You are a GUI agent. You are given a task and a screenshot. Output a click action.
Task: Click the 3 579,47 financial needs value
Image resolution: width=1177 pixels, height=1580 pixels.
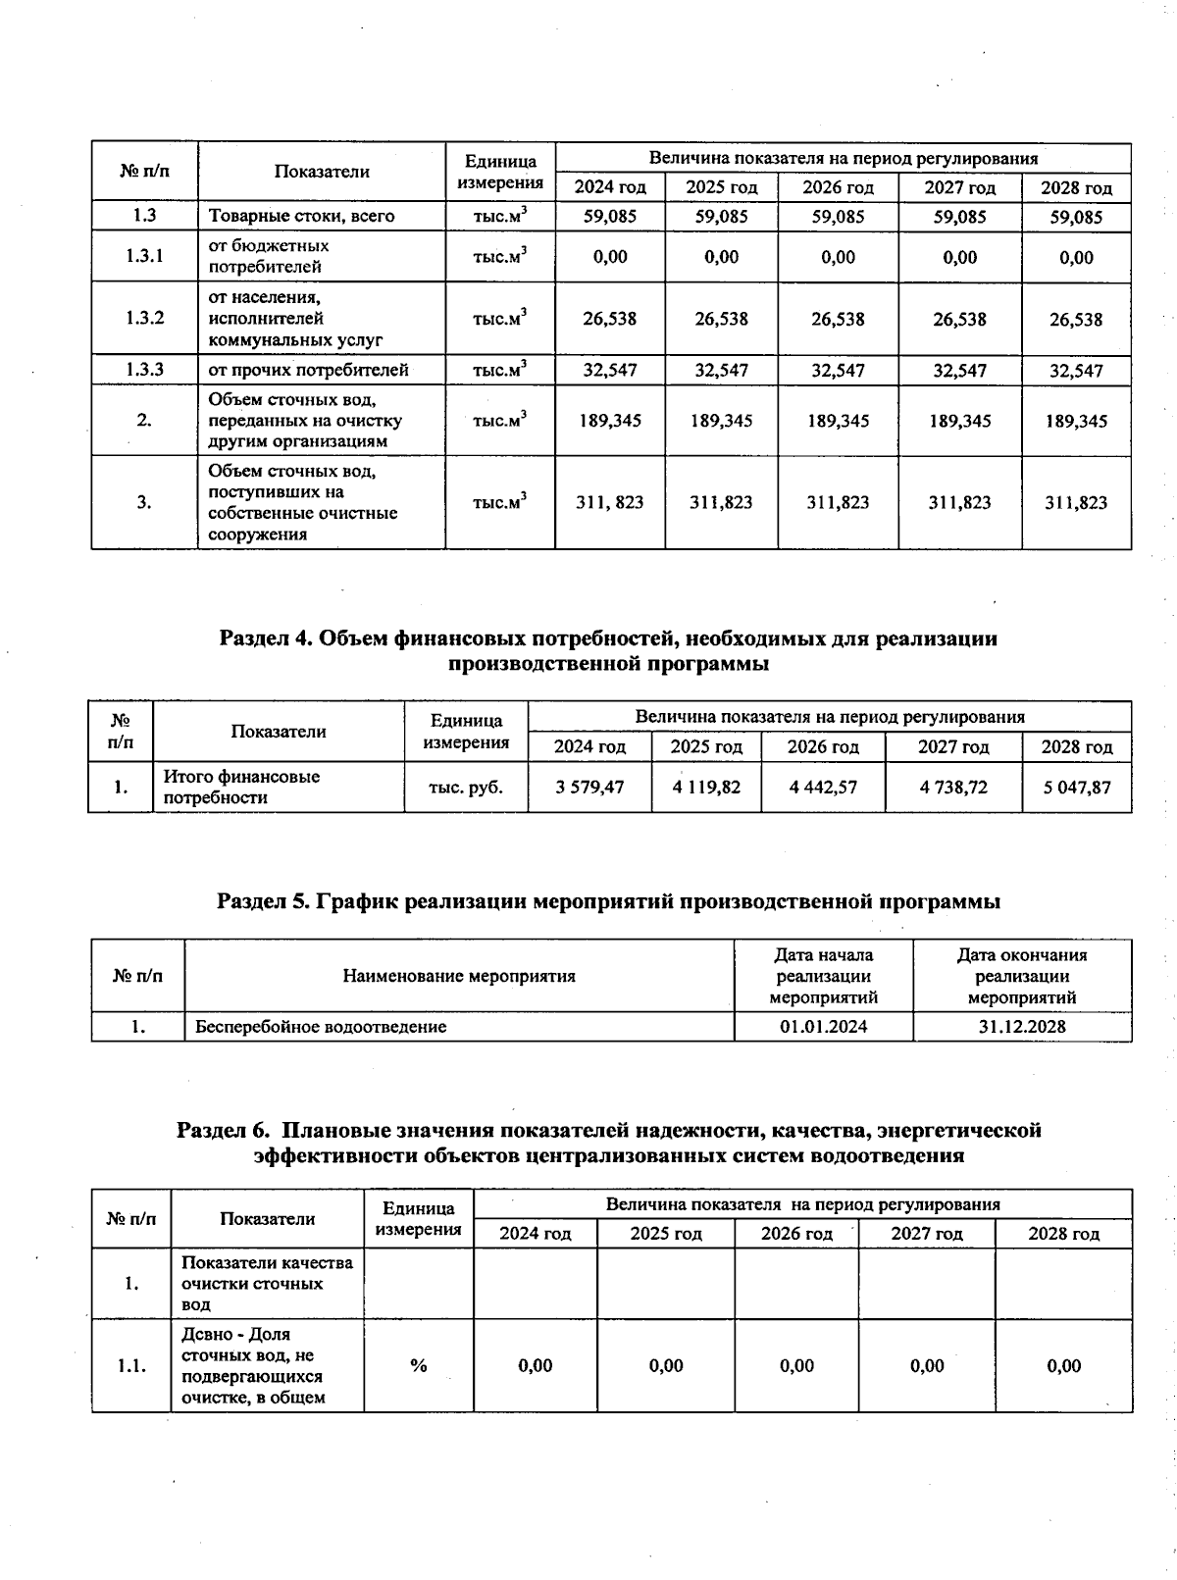click(589, 787)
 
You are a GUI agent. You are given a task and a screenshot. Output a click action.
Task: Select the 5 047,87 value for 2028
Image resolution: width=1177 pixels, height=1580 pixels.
click(1076, 787)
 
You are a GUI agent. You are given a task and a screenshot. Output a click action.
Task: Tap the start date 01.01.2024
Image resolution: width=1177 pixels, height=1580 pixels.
click(823, 1027)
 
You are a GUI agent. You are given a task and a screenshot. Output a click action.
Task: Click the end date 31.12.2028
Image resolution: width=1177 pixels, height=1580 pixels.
click(1021, 1027)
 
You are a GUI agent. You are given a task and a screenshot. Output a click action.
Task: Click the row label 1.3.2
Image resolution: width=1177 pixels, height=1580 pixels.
click(144, 318)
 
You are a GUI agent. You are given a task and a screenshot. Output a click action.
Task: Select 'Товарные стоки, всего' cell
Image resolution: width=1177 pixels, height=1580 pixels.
click(301, 216)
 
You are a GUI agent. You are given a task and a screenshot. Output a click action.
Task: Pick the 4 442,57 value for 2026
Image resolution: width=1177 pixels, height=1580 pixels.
click(823, 787)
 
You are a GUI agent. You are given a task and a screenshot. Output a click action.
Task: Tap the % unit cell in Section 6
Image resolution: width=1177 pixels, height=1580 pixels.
click(419, 1365)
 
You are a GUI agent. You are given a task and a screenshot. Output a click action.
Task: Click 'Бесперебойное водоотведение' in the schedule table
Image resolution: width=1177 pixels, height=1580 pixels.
click(321, 1027)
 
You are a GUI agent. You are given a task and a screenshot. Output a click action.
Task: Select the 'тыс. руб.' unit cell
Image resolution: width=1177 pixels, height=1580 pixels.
click(466, 787)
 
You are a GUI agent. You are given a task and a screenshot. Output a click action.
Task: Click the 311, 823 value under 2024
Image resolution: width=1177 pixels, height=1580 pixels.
click(610, 502)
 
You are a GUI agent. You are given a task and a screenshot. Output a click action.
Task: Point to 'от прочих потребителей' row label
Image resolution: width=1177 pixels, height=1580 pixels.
click(308, 370)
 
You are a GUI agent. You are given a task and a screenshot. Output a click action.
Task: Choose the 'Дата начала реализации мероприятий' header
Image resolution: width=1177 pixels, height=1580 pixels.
click(823, 976)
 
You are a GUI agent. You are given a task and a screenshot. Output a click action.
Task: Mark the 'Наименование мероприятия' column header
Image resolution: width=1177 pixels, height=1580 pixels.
click(459, 976)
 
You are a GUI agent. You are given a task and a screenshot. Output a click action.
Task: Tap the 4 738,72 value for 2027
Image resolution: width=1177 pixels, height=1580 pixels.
click(953, 787)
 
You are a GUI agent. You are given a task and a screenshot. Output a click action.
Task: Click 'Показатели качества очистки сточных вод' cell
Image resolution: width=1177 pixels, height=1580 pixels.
click(267, 1283)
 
